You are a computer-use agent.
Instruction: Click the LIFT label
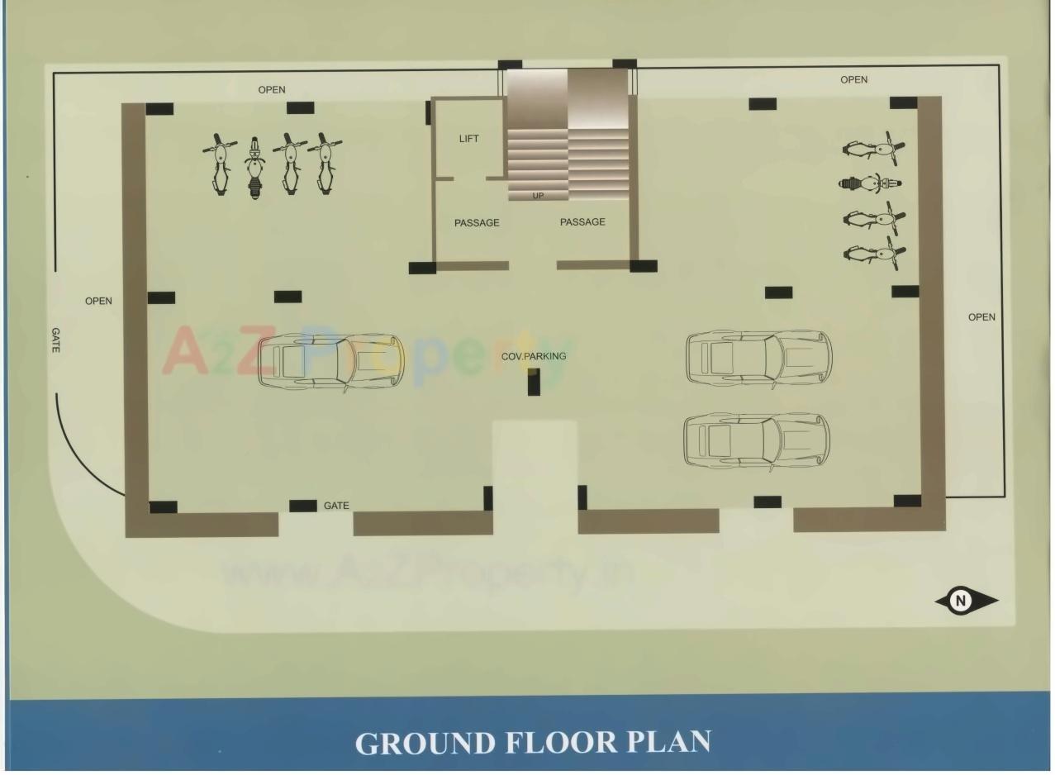point(468,139)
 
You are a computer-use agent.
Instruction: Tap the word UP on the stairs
point(538,196)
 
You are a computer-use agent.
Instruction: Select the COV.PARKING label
point(534,356)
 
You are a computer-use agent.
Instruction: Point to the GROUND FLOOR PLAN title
point(533,741)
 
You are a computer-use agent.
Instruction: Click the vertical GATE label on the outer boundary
point(55,340)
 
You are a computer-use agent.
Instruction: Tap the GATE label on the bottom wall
point(336,506)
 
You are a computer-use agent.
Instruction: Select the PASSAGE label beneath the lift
point(477,223)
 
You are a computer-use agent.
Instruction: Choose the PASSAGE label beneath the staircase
point(582,221)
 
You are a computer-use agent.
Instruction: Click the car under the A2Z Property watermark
point(330,362)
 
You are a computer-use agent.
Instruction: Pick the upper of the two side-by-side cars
point(758,358)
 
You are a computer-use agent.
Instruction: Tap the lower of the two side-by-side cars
point(756,440)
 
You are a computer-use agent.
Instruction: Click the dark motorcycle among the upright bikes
point(255,169)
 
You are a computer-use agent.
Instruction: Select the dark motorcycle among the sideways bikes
point(869,183)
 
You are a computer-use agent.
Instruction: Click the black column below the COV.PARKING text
point(534,381)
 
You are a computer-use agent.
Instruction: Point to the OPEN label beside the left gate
point(98,301)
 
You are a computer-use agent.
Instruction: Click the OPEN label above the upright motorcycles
point(272,90)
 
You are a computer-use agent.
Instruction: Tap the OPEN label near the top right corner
point(853,80)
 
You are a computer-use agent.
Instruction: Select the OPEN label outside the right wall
point(981,317)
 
